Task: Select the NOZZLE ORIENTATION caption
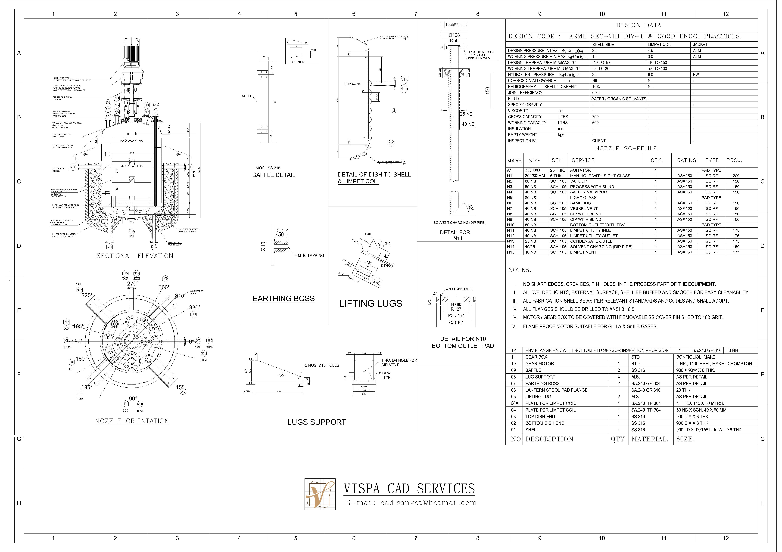[132, 421]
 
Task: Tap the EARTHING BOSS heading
[283, 299]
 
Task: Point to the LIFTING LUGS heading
[370, 303]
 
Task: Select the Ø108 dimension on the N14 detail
[454, 35]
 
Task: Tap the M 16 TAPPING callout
[311, 255]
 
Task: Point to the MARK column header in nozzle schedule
[514, 160]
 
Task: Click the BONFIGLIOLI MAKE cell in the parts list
[695, 357]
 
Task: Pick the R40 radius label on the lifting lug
[368, 234]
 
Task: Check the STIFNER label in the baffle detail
[297, 62]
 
